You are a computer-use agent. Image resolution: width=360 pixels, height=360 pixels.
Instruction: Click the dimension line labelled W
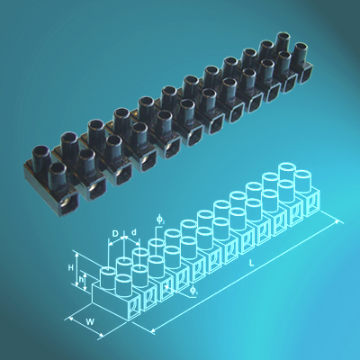pyautogui.click(x=90, y=328)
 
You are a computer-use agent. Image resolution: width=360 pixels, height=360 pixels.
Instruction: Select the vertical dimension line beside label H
pyautogui.click(x=77, y=272)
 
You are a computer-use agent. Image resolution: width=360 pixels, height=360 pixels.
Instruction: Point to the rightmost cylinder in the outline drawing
pyautogui.click(x=304, y=178)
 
